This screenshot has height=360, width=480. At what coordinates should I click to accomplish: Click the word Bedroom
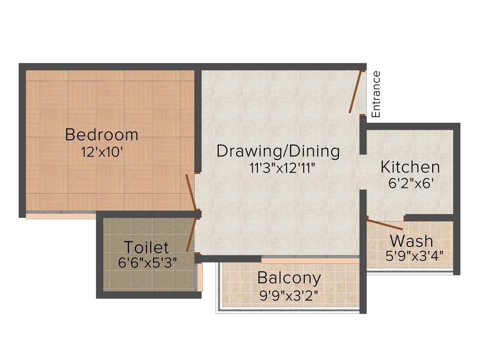coord(102,135)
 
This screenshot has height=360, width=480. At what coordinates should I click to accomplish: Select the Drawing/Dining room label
coord(278,151)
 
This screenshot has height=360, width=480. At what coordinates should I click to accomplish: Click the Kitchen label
coord(410,167)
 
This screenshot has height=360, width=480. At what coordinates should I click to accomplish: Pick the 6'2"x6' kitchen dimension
coord(410,183)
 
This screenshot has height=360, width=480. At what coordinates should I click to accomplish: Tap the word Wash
coord(412,241)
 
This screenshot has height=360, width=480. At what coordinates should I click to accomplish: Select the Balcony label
coord(290,278)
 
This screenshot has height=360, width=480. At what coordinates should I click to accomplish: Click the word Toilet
coord(146,247)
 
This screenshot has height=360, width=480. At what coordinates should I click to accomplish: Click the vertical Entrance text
coord(376,94)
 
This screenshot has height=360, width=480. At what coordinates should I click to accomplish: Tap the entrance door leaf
coord(356,91)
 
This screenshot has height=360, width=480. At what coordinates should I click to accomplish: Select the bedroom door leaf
coord(190,192)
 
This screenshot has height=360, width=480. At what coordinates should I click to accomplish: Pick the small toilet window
coord(200,277)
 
